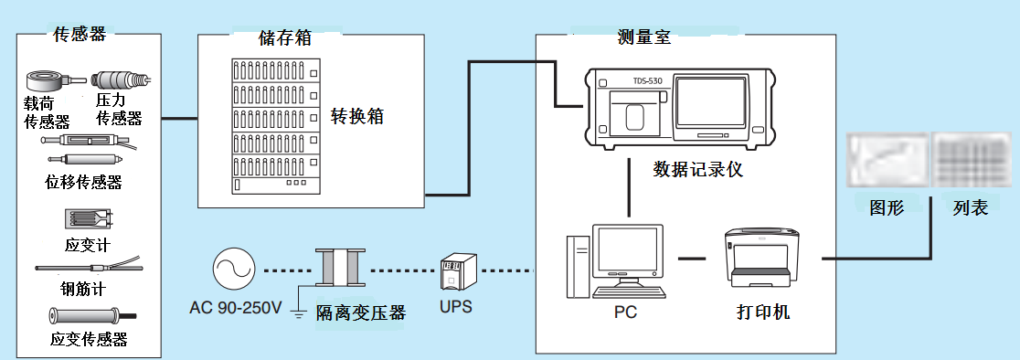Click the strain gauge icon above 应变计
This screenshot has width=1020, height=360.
click(89, 219)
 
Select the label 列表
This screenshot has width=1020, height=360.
click(971, 208)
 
